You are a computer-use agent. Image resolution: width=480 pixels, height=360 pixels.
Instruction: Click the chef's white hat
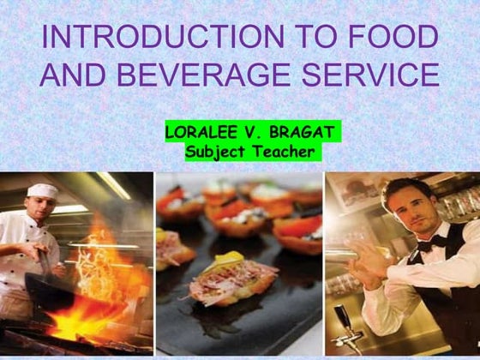[42, 191]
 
